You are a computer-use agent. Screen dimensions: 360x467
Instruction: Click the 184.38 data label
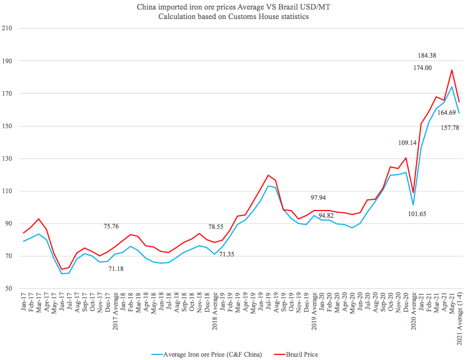(x=429, y=55)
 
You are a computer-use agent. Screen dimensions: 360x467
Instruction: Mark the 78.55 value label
(x=220, y=227)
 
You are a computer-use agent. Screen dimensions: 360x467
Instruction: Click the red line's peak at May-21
(x=451, y=70)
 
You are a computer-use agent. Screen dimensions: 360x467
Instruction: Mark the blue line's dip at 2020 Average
(x=413, y=204)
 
